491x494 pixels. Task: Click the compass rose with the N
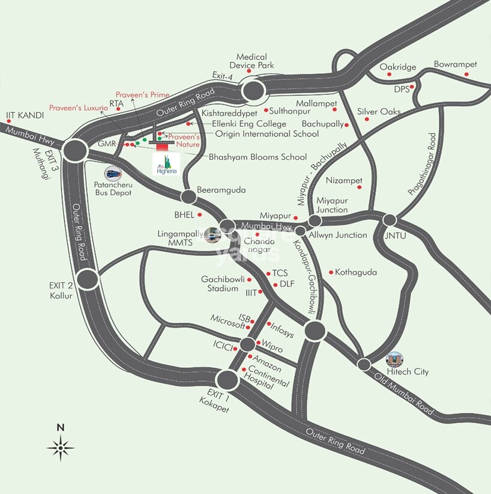pyautogui.click(x=61, y=447)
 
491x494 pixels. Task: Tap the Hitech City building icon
pyautogui.click(x=394, y=359)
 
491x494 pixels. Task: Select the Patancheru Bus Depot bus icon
pyautogui.click(x=112, y=174)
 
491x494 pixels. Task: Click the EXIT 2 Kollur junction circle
pyautogui.click(x=87, y=278)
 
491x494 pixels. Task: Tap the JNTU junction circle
pyautogui.click(x=390, y=220)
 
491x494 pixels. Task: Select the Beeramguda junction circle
pyautogui.click(x=188, y=196)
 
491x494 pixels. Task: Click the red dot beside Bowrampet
pyautogui.click(x=466, y=74)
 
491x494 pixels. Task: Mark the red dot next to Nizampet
pyautogui.click(x=359, y=188)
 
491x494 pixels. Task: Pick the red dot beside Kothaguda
pyautogui.click(x=330, y=272)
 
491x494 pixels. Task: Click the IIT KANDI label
pyautogui.click(x=22, y=115)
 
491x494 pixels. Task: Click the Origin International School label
pyautogui.click(x=267, y=134)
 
